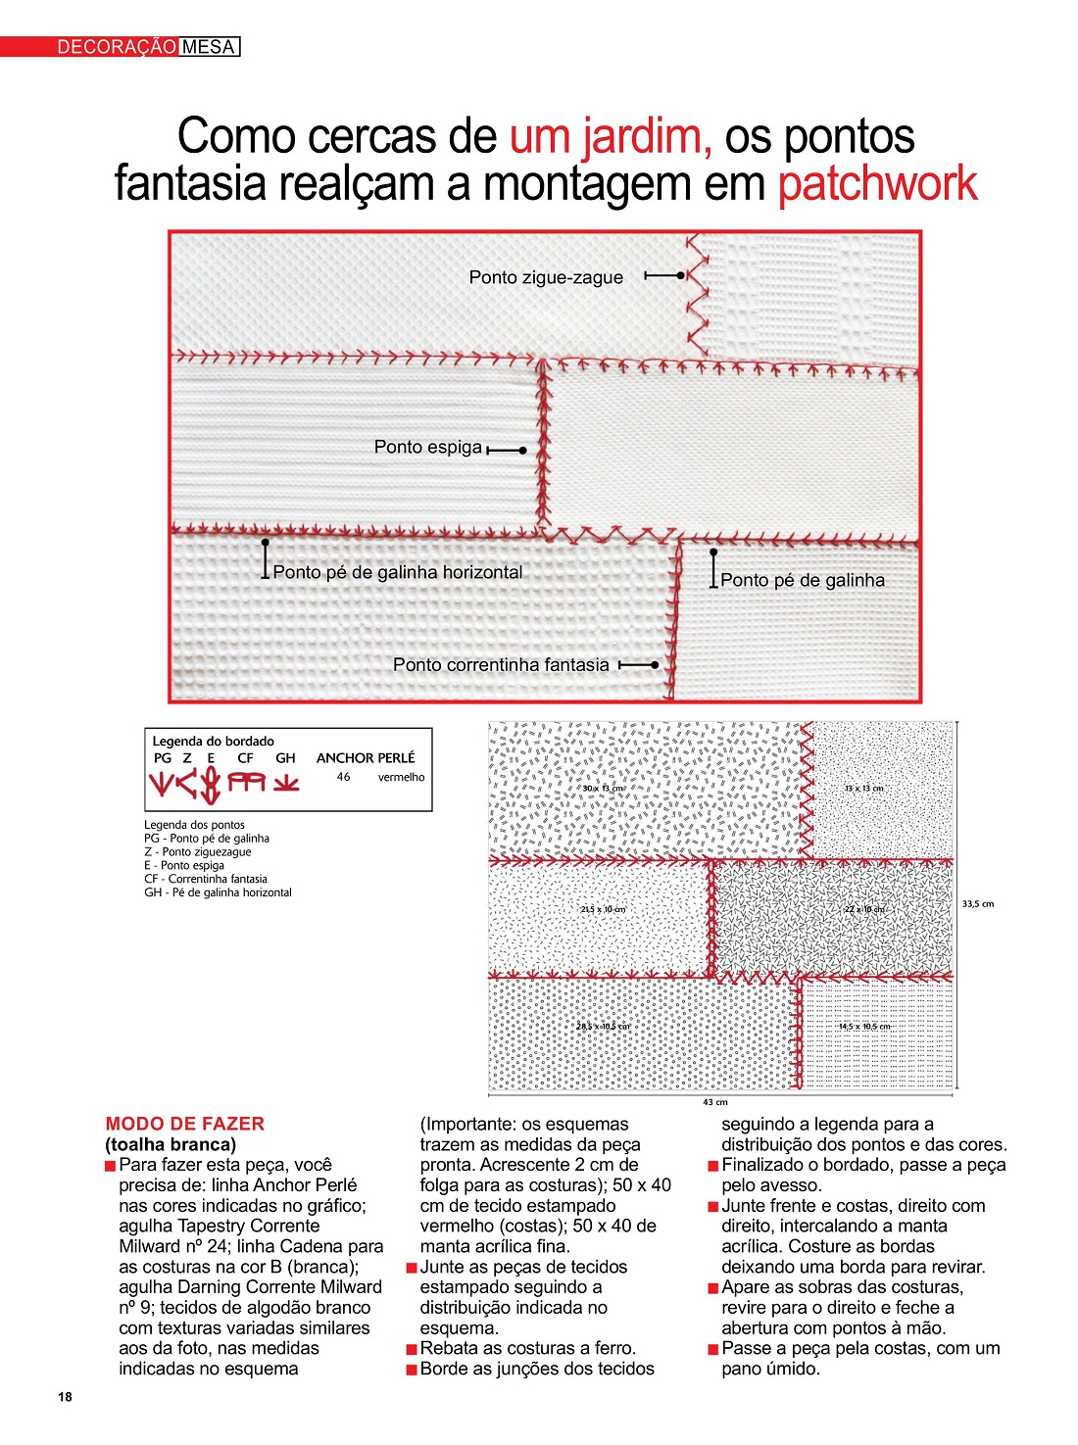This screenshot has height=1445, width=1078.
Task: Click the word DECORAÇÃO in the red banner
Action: [x=117, y=47]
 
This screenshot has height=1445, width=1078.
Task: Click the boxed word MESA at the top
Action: [x=209, y=47]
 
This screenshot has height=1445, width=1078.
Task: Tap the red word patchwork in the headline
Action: [x=877, y=184]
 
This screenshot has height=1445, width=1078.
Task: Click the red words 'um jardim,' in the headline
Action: [x=611, y=136]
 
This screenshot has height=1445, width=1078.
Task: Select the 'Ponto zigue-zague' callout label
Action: [x=546, y=277]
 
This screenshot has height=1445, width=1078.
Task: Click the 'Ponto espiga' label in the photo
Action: [x=428, y=447]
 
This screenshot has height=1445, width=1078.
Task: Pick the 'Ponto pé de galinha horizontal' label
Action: [x=397, y=572]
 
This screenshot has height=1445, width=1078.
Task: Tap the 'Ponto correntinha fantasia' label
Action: [x=501, y=664]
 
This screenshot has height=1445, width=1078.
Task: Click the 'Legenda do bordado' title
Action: [x=213, y=741]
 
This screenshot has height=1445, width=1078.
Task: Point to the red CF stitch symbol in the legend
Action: [x=247, y=783]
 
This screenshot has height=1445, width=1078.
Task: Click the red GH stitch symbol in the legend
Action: [x=286, y=784]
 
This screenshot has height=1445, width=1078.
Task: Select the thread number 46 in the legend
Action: [x=343, y=777]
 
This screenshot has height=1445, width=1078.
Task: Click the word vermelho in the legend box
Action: [x=402, y=777]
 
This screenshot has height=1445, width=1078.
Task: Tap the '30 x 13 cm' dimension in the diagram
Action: [x=603, y=788]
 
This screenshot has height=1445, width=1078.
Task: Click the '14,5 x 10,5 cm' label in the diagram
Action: [x=864, y=1027]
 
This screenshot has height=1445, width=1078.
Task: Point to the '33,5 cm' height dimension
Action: [x=978, y=904]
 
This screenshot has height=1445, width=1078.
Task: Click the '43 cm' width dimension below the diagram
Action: [x=715, y=1102]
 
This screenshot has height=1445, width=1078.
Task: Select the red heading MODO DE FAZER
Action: [x=184, y=1124]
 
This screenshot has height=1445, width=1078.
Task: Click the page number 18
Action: [x=65, y=1397]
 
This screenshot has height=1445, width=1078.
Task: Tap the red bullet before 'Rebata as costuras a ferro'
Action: [x=413, y=1349]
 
